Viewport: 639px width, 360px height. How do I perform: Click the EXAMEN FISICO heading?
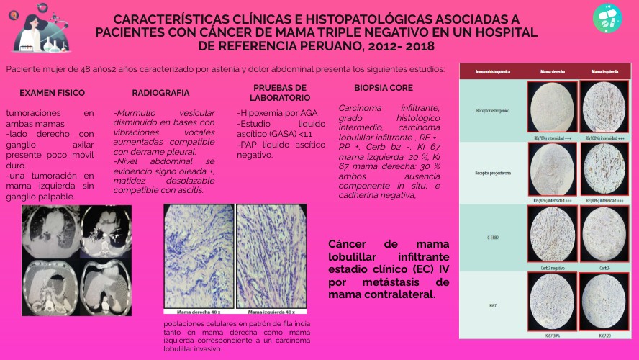(52, 93)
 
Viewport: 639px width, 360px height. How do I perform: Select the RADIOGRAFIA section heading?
(160, 93)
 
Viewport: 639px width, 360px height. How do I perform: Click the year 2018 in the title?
(419, 46)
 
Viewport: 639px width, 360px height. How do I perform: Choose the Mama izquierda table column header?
(603, 72)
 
